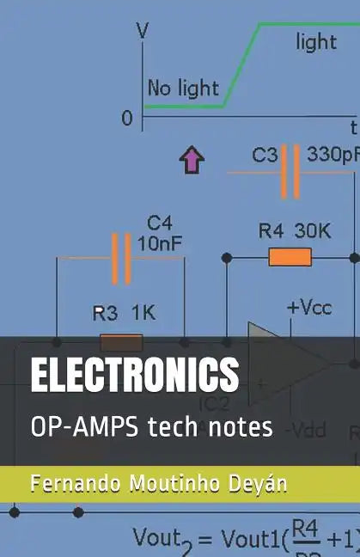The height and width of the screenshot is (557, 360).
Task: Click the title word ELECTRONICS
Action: (x=135, y=375)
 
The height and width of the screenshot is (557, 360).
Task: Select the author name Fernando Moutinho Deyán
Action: (x=158, y=483)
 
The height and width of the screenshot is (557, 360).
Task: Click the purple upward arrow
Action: (x=192, y=159)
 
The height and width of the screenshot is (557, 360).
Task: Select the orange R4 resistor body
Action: (x=290, y=257)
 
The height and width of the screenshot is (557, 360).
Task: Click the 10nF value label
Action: (x=159, y=244)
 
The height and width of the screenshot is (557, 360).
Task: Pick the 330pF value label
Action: (x=333, y=155)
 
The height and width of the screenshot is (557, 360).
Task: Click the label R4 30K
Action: (x=295, y=230)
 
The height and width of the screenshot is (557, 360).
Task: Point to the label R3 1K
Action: (x=124, y=314)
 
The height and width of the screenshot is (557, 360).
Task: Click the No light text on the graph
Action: (x=183, y=88)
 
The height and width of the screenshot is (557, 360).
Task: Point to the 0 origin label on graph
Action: (x=127, y=119)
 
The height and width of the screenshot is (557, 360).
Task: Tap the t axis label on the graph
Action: (x=352, y=125)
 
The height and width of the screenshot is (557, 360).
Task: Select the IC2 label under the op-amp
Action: (x=215, y=403)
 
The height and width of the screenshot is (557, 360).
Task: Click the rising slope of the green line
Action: (x=241, y=65)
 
